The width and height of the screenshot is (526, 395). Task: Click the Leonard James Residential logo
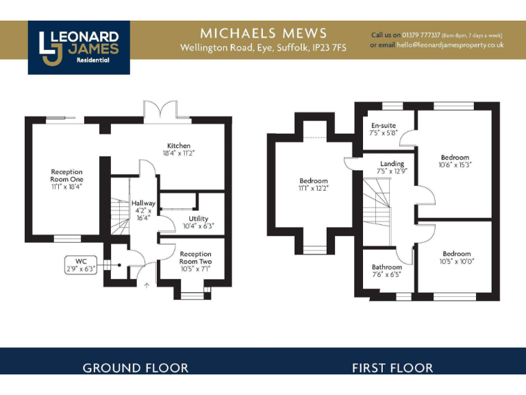79,47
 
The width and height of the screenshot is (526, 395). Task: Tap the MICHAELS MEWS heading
263,33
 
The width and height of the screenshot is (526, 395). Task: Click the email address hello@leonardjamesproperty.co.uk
450,45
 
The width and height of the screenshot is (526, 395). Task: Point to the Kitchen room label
179,146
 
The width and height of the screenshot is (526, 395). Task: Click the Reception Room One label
66,172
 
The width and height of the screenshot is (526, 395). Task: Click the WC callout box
81,265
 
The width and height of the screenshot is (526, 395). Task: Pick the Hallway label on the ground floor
144,204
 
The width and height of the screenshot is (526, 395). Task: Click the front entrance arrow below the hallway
146,286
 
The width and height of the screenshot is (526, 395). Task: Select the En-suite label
383,126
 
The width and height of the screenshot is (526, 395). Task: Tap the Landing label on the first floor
392,163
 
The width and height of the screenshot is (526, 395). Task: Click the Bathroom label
387,267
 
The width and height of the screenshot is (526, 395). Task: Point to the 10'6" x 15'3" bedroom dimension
455,165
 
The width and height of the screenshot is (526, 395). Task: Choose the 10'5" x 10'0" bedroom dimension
456,261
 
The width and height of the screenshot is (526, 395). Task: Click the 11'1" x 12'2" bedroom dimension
314,188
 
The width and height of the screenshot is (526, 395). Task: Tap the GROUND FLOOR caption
136,368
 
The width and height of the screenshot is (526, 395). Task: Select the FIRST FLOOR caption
392,368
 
